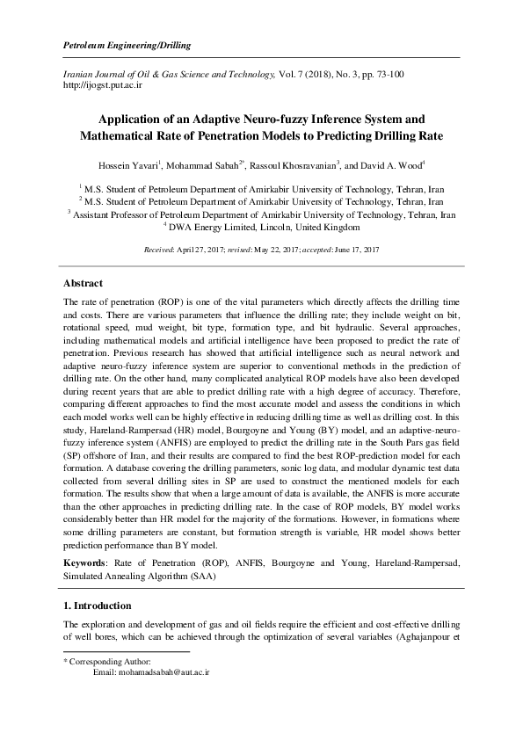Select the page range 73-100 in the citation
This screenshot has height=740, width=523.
click(x=379, y=75)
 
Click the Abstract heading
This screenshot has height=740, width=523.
click(x=84, y=283)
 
